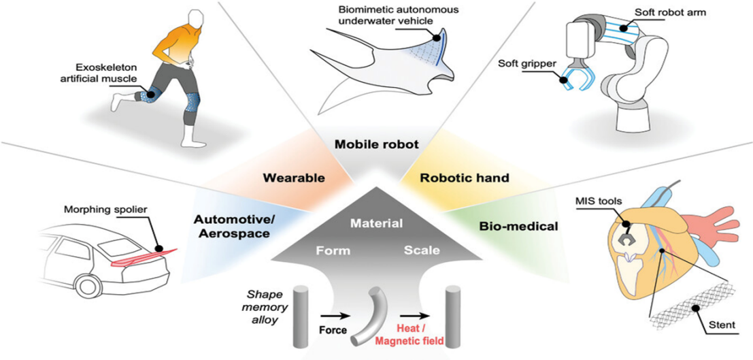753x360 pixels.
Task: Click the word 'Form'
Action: pyautogui.click(x=333, y=250)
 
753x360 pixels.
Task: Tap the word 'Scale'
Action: pyautogui.click(x=422, y=250)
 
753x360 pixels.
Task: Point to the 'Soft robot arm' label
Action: pyautogui.click(x=692, y=12)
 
